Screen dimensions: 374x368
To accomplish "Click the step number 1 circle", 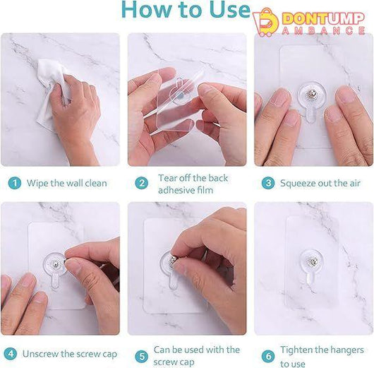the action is (x=15, y=183).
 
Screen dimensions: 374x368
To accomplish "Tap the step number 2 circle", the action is (x=142, y=183).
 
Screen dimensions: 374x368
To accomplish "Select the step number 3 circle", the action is (x=268, y=183).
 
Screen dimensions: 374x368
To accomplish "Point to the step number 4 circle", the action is (x=11, y=354).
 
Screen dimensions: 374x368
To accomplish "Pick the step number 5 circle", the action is (x=142, y=357).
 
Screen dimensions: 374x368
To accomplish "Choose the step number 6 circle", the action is (x=268, y=356).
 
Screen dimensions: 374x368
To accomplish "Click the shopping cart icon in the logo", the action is (x=265, y=23).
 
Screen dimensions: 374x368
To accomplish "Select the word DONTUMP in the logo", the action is (x=324, y=18).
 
